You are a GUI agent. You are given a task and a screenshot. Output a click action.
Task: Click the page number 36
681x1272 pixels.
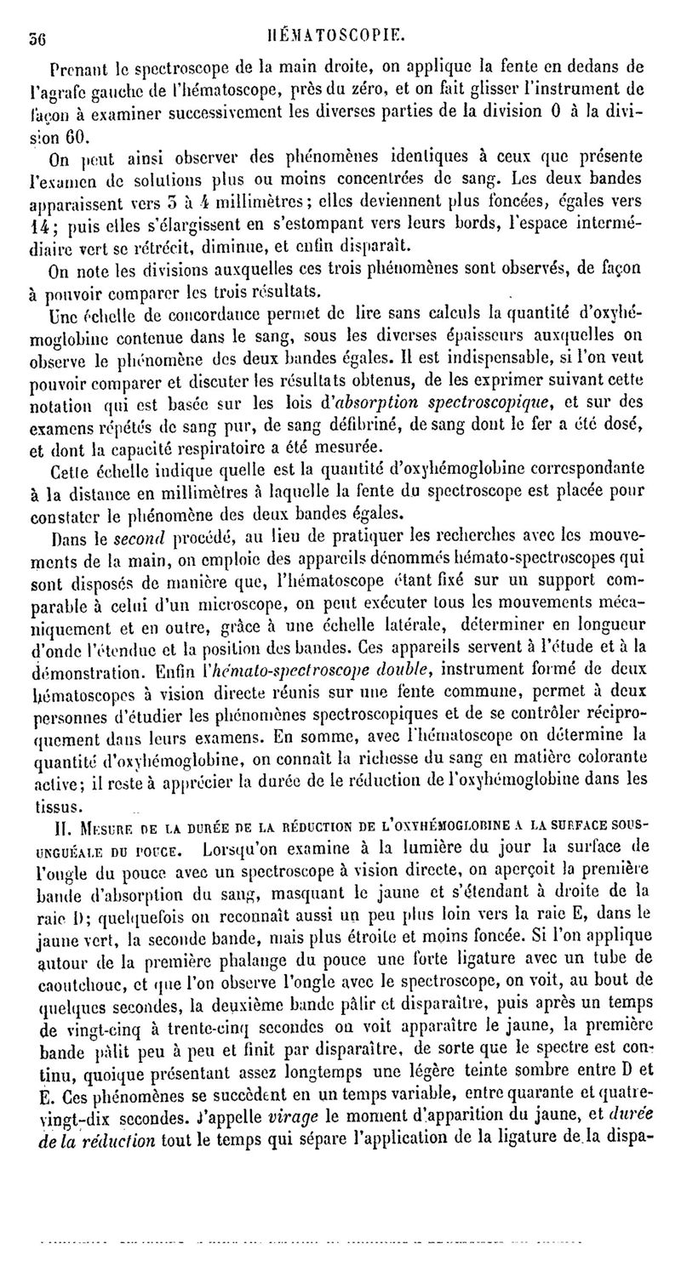[35, 37]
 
